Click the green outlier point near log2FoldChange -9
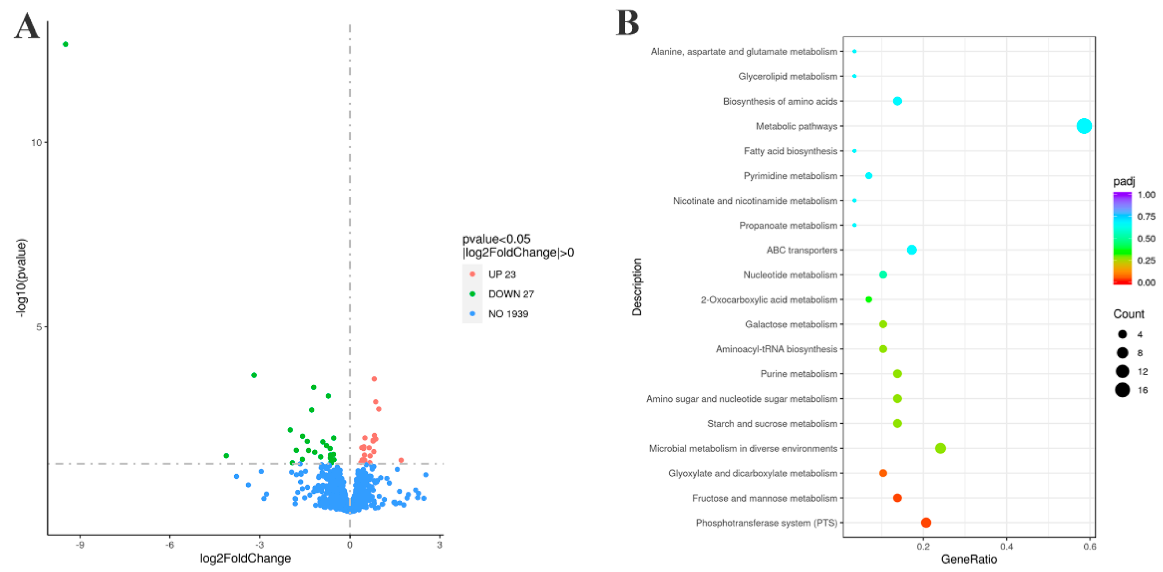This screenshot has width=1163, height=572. click(65, 44)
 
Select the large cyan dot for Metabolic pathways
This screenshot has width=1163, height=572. click(1084, 126)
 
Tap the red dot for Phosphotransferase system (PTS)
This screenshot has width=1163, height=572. click(926, 522)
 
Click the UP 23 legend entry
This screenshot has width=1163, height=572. click(502, 274)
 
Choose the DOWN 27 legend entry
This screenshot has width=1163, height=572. click(511, 294)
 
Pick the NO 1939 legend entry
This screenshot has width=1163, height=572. click(508, 314)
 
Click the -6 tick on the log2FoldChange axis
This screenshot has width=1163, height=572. click(170, 545)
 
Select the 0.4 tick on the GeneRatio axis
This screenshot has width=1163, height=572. click(1006, 546)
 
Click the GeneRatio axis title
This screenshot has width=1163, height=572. click(968, 559)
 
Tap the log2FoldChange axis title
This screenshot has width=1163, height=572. click(245, 558)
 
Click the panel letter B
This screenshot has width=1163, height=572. click(627, 23)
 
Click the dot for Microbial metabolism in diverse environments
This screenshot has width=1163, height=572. click(941, 448)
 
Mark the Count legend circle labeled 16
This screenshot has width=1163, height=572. click(1122, 390)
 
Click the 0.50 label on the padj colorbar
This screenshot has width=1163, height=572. click(1146, 238)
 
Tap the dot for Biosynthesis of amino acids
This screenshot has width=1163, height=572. click(897, 101)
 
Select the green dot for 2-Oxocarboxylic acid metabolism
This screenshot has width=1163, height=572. click(869, 299)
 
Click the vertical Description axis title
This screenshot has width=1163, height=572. click(637, 287)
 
